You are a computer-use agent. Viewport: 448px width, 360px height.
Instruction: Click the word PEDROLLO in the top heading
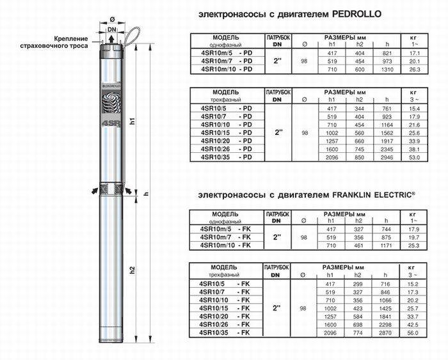[x=356, y=14]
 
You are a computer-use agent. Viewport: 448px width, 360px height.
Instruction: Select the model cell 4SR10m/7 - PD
[x=227, y=61]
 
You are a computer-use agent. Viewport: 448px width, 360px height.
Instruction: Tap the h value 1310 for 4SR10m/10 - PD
[x=387, y=69]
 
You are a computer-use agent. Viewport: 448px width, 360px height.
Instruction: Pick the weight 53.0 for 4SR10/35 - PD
[x=414, y=157]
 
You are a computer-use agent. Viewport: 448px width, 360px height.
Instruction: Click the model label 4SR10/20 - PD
[x=227, y=141]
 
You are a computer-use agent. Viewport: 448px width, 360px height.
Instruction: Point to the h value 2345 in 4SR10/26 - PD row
[x=387, y=150]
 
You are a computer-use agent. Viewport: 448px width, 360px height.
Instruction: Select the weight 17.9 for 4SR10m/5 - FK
[x=413, y=230]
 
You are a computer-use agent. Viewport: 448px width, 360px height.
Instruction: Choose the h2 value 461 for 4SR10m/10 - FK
[x=358, y=246]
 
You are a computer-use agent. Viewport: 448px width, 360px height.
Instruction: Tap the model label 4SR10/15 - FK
[x=225, y=308]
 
